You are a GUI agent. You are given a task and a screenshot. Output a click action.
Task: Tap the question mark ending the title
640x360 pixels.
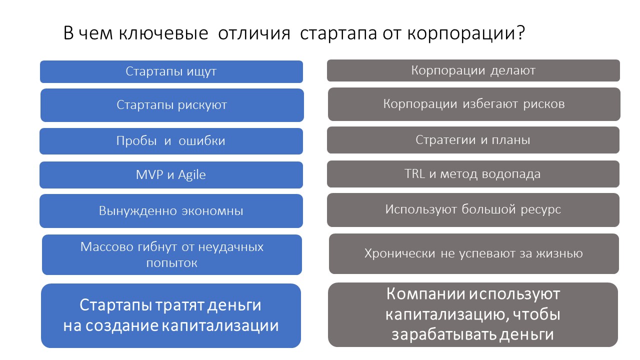point(520,32)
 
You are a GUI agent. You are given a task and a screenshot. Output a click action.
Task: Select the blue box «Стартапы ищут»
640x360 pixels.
point(171,71)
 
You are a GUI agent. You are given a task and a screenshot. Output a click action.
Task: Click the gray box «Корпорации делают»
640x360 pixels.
point(473,70)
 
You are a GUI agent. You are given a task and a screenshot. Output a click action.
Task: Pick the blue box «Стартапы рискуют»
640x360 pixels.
point(172,105)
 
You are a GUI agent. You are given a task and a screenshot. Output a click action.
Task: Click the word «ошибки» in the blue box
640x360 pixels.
point(202,141)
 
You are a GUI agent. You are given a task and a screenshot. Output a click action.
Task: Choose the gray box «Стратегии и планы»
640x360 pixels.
point(473,140)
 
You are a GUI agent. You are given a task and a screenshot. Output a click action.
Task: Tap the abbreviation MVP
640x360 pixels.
point(149,175)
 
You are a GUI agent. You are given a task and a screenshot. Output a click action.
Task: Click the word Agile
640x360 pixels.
point(191,175)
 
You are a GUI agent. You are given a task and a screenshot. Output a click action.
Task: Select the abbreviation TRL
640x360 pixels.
point(414,173)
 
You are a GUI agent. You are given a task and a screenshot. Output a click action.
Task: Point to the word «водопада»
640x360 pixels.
point(511,174)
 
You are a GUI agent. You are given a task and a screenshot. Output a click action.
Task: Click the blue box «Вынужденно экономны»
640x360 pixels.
point(171,211)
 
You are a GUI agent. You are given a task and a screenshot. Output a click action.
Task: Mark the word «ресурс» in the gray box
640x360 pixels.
point(540,209)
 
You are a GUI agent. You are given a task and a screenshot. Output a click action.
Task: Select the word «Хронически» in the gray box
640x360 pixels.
point(399,253)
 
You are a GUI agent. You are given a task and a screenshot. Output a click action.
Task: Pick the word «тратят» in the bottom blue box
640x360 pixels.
point(179,305)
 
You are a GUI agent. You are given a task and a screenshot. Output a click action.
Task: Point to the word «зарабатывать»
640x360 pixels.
point(443,334)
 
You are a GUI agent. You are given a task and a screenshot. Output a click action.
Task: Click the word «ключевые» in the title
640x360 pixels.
point(163,33)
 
